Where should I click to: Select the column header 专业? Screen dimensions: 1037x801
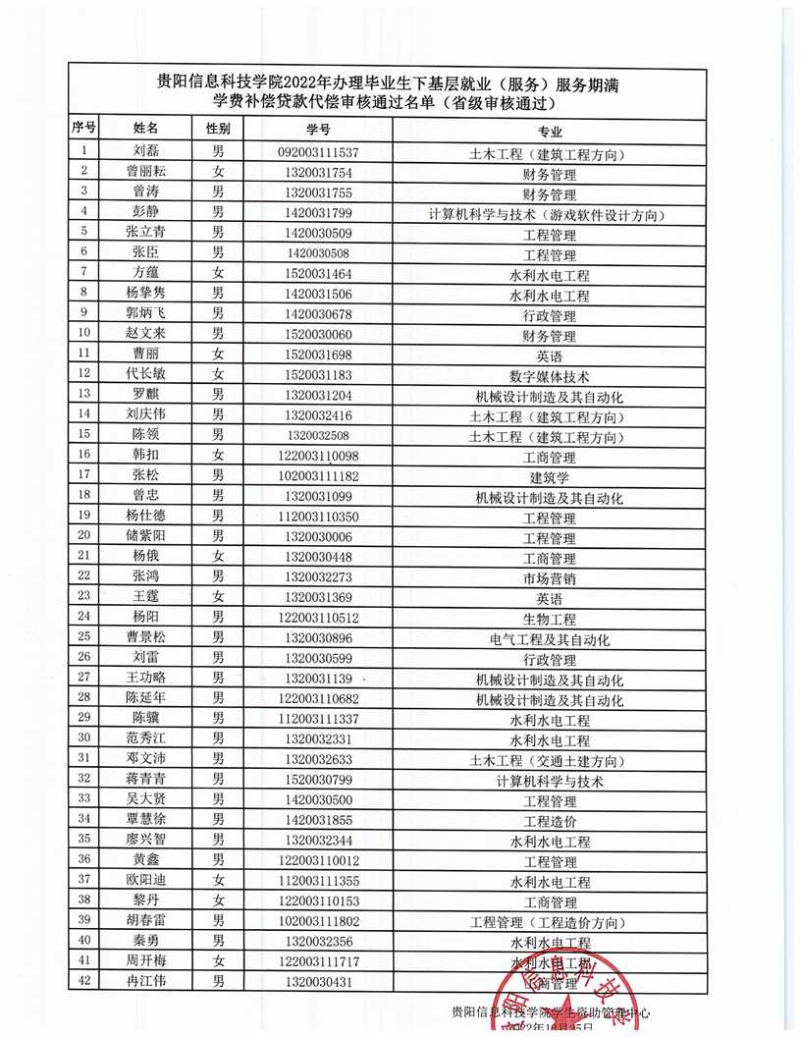coord(550,131)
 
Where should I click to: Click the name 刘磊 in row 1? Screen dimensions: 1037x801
coord(145,152)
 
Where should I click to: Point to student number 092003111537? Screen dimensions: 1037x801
coord(317,153)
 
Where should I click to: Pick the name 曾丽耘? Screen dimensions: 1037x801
coord(145,173)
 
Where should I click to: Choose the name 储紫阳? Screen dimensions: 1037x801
coord(145,537)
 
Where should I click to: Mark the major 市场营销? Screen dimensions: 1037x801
coord(550,577)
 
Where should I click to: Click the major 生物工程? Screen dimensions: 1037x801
coord(550,619)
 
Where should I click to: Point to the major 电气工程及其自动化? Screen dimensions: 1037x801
coord(550,639)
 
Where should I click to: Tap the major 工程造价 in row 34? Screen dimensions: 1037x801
coord(550,821)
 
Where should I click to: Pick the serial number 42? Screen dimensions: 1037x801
coord(83,981)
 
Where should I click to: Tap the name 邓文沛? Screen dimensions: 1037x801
coord(145,759)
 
